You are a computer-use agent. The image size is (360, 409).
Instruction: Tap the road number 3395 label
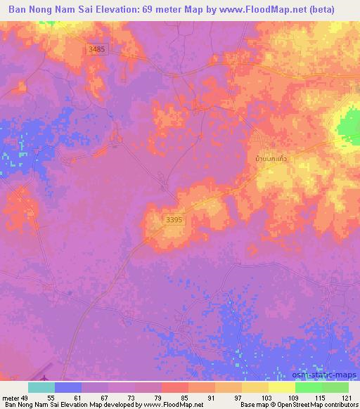(x=175, y=220)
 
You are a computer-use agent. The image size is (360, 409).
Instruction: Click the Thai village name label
(x=270, y=160)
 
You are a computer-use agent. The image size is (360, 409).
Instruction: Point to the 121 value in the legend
(x=347, y=397)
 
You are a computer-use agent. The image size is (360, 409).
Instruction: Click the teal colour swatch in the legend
(x=41, y=387)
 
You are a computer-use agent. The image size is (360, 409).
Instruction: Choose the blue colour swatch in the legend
(x=68, y=387)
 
